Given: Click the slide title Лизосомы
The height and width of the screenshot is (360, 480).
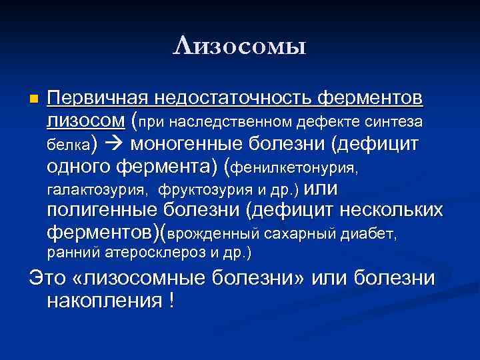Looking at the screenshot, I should (239, 47).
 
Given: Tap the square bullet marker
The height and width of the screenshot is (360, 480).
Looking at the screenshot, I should (35, 99).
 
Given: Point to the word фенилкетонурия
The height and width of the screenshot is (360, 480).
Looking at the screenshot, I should (295, 166).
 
